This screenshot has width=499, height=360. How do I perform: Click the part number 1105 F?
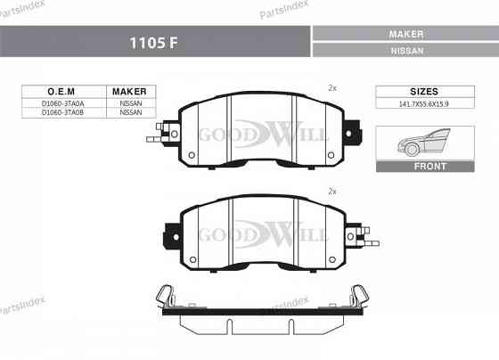(x=154, y=42)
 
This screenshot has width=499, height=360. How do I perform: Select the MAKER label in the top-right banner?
(x=405, y=33)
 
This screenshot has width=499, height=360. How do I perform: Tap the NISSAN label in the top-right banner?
(x=405, y=51)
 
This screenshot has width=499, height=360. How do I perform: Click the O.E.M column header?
(x=63, y=92)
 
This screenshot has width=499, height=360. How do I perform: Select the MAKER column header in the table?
(x=130, y=92)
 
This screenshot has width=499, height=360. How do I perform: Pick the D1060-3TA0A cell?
(x=63, y=103)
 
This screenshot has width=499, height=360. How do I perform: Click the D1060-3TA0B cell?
(x=63, y=113)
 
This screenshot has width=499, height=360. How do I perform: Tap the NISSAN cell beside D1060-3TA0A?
(x=130, y=103)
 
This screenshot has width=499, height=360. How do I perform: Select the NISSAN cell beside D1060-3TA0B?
(x=130, y=113)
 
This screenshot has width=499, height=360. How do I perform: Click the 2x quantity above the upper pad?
(x=332, y=88)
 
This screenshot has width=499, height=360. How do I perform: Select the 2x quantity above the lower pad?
(x=332, y=192)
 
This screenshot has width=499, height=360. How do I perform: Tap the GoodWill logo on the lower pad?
(x=263, y=234)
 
